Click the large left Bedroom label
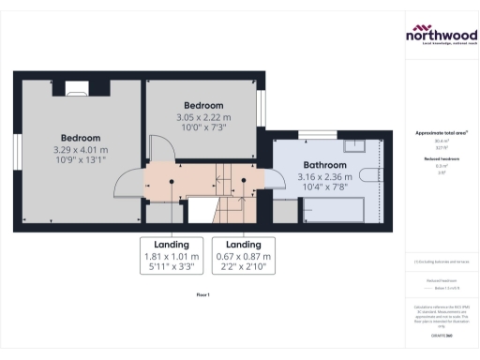pyautogui.click(x=81, y=138)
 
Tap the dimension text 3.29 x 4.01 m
pyautogui.click(x=81, y=149)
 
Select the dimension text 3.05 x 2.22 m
pyautogui.click(x=203, y=117)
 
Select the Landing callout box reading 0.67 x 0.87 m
pyautogui.click(x=244, y=255)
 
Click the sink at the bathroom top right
pyautogui.click(x=356, y=145)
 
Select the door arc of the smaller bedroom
pyautogui.click(x=154, y=150)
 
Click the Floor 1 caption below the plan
pyautogui.click(x=202, y=294)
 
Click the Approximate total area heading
pyautogui.click(x=441, y=133)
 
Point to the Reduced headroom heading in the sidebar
pyautogui.click(x=441, y=159)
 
